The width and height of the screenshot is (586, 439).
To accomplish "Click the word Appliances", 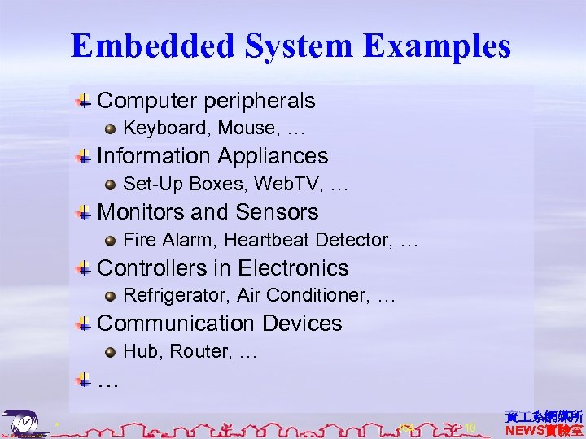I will pyautogui.click(x=272, y=156).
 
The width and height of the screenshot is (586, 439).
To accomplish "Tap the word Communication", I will pyautogui.click(x=167, y=324).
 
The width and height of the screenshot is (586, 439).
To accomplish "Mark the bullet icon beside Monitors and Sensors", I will pyautogui.click(x=84, y=212).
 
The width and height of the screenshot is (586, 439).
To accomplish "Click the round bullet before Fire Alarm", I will pyautogui.click(x=111, y=241).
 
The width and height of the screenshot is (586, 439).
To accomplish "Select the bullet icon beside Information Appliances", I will pyautogui.click(x=84, y=156).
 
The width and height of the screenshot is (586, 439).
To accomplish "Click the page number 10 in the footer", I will pyautogui.click(x=470, y=427).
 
